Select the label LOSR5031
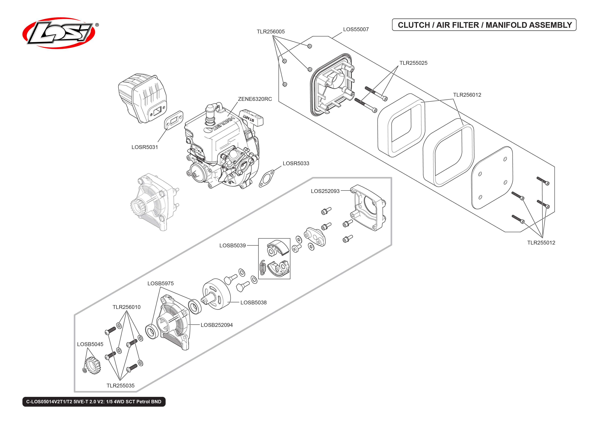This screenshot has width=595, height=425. pos(144,147)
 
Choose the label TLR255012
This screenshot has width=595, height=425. pos(541,243)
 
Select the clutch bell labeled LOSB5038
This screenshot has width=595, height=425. pos(216,294)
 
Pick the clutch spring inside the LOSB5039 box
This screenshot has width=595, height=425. pos(263,268)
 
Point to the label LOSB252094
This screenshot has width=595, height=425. pos(216,325)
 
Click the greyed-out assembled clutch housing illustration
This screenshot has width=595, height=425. pos(154,201)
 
